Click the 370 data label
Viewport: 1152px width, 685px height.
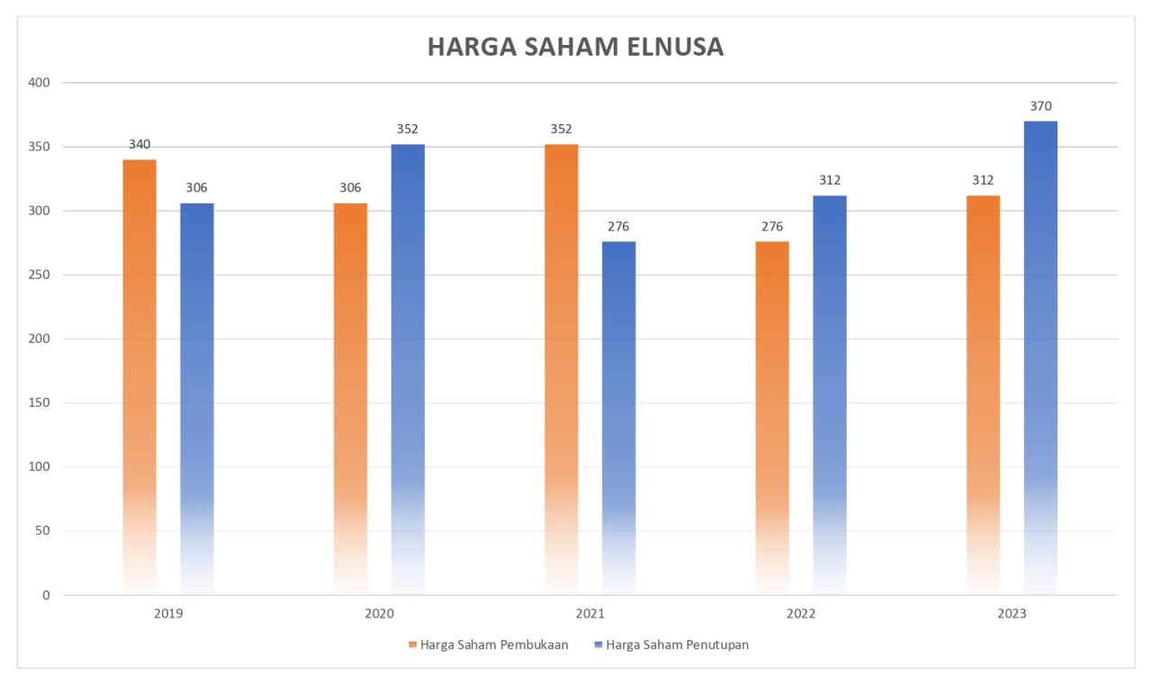1040,106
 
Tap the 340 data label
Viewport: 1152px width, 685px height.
139,145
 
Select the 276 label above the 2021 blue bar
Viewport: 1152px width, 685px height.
618,227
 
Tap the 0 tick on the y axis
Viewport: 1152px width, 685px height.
45,595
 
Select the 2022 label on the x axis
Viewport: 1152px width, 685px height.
801,614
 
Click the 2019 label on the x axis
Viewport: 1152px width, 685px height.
168,614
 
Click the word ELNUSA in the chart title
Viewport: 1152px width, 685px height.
670,47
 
